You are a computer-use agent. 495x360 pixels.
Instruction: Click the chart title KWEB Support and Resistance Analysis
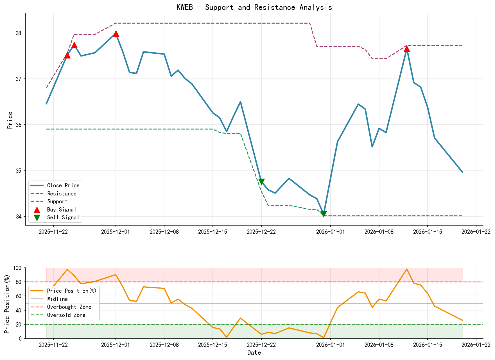point(254,7)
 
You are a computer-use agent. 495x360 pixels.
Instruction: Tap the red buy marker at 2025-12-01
point(116,34)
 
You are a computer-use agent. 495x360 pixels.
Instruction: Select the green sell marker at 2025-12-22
point(261,182)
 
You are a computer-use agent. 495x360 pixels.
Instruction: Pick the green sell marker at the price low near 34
point(324,214)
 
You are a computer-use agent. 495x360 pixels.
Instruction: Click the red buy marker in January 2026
point(407,49)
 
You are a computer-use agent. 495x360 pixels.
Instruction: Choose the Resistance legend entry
point(62,193)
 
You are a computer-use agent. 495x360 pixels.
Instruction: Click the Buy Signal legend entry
point(62,210)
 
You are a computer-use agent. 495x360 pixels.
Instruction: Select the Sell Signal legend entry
point(63,217)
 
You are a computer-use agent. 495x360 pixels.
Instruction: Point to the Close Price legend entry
point(63,185)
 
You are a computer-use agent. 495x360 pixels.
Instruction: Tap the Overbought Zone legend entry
point(69,307)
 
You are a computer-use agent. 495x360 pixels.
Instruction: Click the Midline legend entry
point(57,299)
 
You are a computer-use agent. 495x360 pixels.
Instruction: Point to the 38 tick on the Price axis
point(19,33)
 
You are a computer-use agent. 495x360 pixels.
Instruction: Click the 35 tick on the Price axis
point(19,171)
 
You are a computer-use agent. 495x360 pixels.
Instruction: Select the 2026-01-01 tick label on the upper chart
point(331,232)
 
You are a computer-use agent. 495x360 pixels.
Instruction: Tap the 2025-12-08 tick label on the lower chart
point(164,345)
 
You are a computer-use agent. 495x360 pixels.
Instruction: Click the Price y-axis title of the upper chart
point(10,120)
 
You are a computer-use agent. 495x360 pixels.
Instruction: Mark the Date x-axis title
point(254,353)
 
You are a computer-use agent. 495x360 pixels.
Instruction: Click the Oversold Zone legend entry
point(66,315)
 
